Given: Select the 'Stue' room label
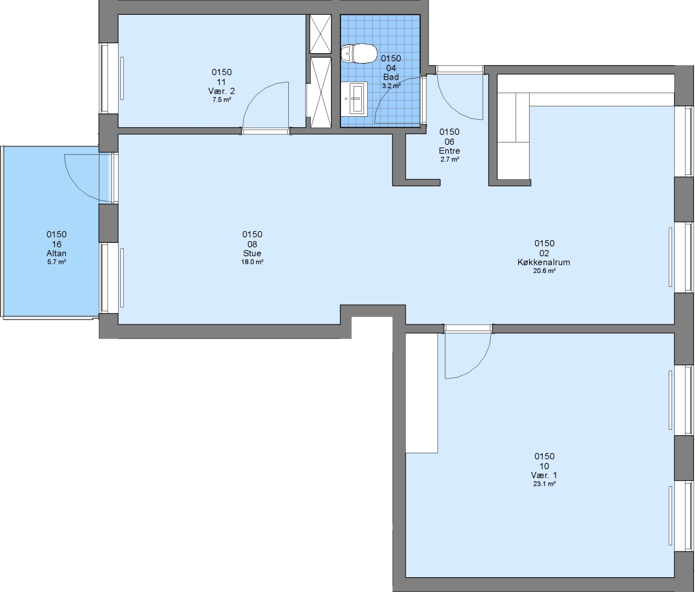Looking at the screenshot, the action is coord(252,253).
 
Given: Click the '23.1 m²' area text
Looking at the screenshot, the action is coord(544,484).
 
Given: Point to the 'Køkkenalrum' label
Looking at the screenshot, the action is coord(543,262).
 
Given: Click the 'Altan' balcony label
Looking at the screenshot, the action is coord(57,253).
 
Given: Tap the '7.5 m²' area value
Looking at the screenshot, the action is coord(222,100).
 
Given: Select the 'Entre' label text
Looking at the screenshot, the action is coord(449,151).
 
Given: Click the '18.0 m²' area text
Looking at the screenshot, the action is coord(252,262).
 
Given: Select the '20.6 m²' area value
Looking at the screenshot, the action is coord(544,271).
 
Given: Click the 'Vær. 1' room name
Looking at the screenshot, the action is coord(544,475).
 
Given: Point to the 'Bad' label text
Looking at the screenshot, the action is coord(391,77).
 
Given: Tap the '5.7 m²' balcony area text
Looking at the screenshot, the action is coord(57,262).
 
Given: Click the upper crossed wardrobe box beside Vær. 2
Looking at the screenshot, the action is coord(320,34).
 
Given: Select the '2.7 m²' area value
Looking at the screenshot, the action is coord(450,160).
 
